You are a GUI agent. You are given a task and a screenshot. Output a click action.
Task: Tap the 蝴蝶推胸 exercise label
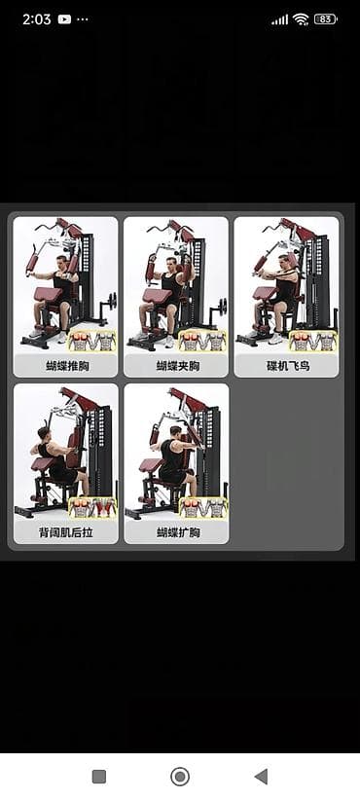point(66,366)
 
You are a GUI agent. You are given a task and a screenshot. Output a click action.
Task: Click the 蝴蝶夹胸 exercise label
point(176,366)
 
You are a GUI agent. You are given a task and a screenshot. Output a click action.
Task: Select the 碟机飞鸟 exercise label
point(287,366)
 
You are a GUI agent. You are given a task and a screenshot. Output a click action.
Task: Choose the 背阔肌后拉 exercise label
point(66,532)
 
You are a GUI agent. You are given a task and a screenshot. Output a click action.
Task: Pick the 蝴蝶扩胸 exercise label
point(177,532)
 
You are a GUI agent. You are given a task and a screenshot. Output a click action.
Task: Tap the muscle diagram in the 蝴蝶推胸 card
point(92,342)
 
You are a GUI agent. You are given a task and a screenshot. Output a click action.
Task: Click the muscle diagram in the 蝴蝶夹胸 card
point(203,342)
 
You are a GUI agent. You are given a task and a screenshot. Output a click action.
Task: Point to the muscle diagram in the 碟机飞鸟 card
point(313,342)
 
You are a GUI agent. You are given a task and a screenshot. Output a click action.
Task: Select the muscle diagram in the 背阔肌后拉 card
point(92,508)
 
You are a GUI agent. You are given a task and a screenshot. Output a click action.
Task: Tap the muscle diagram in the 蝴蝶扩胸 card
point(203,508)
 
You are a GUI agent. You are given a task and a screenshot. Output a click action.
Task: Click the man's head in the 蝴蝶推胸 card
point(62,264)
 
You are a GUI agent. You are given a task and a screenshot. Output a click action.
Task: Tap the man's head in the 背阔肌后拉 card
point(44,434)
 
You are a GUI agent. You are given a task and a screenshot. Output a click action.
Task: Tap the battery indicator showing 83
point(325,19)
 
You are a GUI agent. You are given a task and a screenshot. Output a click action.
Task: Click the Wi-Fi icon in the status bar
point(301,19)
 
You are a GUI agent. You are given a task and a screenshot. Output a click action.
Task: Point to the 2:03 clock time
point(36,19)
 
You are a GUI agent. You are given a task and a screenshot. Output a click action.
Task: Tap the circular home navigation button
point(179,777)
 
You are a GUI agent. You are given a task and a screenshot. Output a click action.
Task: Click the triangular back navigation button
point(261,777)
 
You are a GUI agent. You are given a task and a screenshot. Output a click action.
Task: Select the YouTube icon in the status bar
point(64,19)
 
